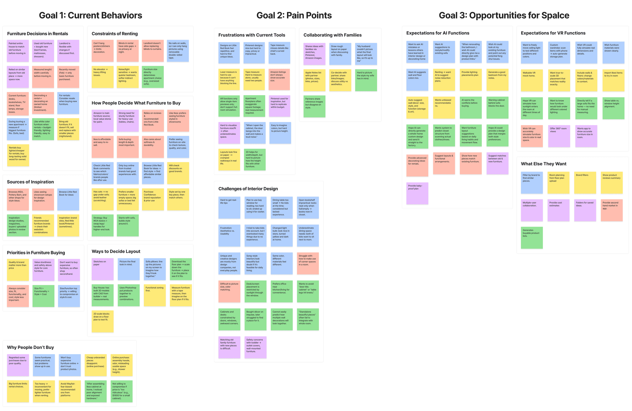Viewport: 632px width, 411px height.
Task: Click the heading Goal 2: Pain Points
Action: [294, 15]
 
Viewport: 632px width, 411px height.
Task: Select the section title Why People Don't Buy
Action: [30, 347]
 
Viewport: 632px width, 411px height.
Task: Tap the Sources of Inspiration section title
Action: [30, 182]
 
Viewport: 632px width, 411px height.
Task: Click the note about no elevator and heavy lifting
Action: [102, 77]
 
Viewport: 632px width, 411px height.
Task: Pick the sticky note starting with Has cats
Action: [102, 199]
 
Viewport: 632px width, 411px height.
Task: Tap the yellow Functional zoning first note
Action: [155, 295]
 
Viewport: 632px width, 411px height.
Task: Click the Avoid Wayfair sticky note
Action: [70, 391]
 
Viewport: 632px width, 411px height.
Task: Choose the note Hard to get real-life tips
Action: [229, 207]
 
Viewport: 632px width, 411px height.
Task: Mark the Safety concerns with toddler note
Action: [255, 347]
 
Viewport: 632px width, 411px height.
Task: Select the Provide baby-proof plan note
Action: [417, 193]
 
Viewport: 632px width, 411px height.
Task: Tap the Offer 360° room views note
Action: [559, 136]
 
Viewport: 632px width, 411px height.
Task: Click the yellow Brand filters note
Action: [585, 183]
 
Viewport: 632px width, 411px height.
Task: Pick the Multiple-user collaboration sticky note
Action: [532, 210]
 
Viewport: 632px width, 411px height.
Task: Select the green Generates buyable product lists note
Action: [532, 237]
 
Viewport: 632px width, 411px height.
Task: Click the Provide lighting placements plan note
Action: [471, 80]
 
